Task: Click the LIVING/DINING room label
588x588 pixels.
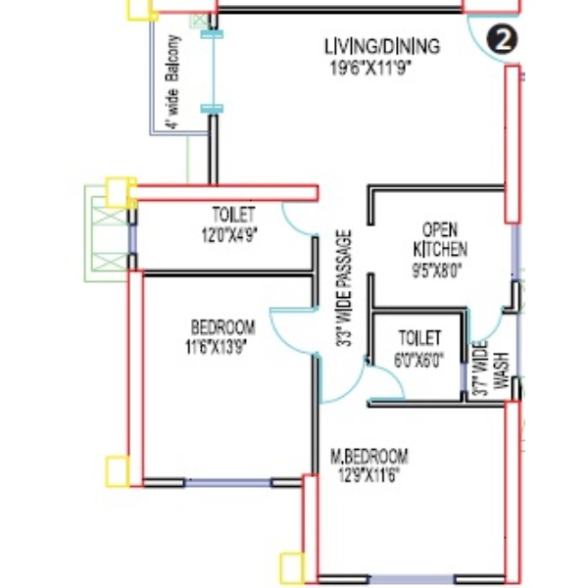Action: (382, 46)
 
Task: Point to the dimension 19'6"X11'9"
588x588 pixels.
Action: (370, 69)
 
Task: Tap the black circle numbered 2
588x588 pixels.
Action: (502, 40)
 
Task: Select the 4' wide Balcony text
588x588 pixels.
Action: (173, 81)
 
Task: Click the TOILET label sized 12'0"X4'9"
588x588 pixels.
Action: (233, 215)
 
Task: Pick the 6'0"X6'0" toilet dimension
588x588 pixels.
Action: (418, 360)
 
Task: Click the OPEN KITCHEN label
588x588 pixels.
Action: (440, 240)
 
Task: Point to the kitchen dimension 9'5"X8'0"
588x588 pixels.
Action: (437, 270)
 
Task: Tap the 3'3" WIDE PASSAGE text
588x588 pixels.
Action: (344, 288)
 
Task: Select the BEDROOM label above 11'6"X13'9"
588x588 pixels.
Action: (223, 327)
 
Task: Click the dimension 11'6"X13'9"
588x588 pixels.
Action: (217, 347)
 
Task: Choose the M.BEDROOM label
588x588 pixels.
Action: (369, 457)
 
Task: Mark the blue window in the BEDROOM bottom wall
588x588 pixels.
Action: (227, 482)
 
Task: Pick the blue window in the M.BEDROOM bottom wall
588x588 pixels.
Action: (412, 579)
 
